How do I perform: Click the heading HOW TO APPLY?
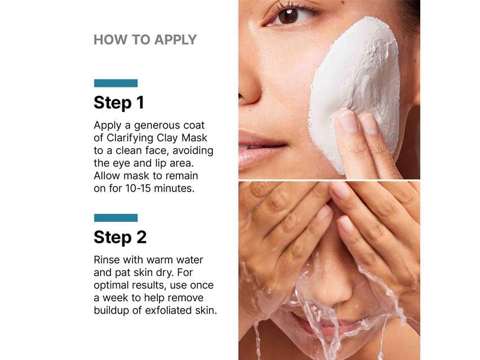coord(145,40)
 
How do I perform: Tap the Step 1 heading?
coord(118,103)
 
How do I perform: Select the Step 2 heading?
coord(120,237)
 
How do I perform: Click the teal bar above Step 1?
coord(115,83)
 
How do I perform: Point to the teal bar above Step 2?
coord(115,218)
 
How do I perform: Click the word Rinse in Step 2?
coord(106,260)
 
